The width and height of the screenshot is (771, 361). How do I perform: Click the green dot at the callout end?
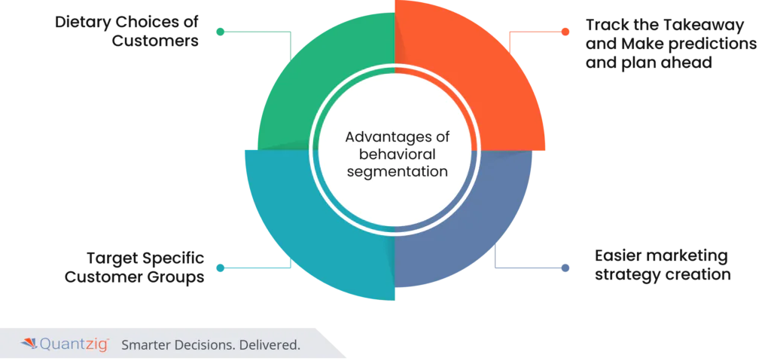[219, 32]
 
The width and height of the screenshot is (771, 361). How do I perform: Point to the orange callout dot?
[565, 32]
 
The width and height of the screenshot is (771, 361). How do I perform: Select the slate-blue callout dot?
[565, 268]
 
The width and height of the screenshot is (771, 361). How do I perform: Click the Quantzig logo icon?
[29, 344]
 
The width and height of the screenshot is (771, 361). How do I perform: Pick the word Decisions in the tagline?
[208, 345]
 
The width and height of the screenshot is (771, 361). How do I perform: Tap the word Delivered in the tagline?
[273, 345]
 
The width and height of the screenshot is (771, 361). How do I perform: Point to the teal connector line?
[256, 268]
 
